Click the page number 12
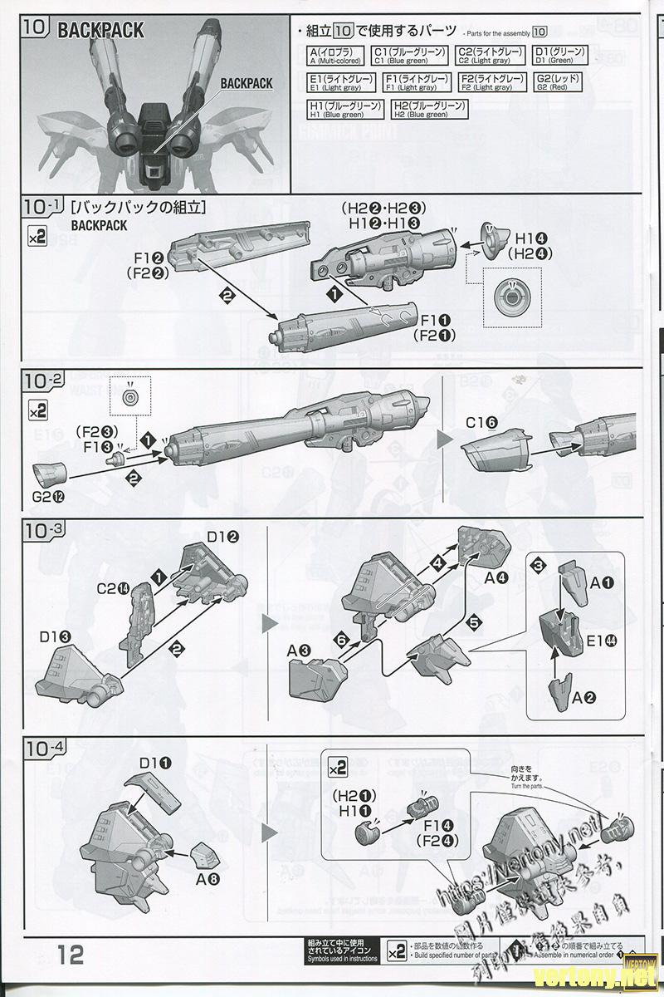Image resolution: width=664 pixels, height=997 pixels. (71, 954)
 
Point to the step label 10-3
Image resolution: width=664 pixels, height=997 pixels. (45, 530)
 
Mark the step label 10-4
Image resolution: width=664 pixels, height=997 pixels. (45, 746)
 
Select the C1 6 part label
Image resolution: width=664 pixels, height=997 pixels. (481, 422)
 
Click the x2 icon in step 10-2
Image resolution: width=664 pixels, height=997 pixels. (38, 410)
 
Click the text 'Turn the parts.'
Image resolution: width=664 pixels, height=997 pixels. (527, 787)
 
